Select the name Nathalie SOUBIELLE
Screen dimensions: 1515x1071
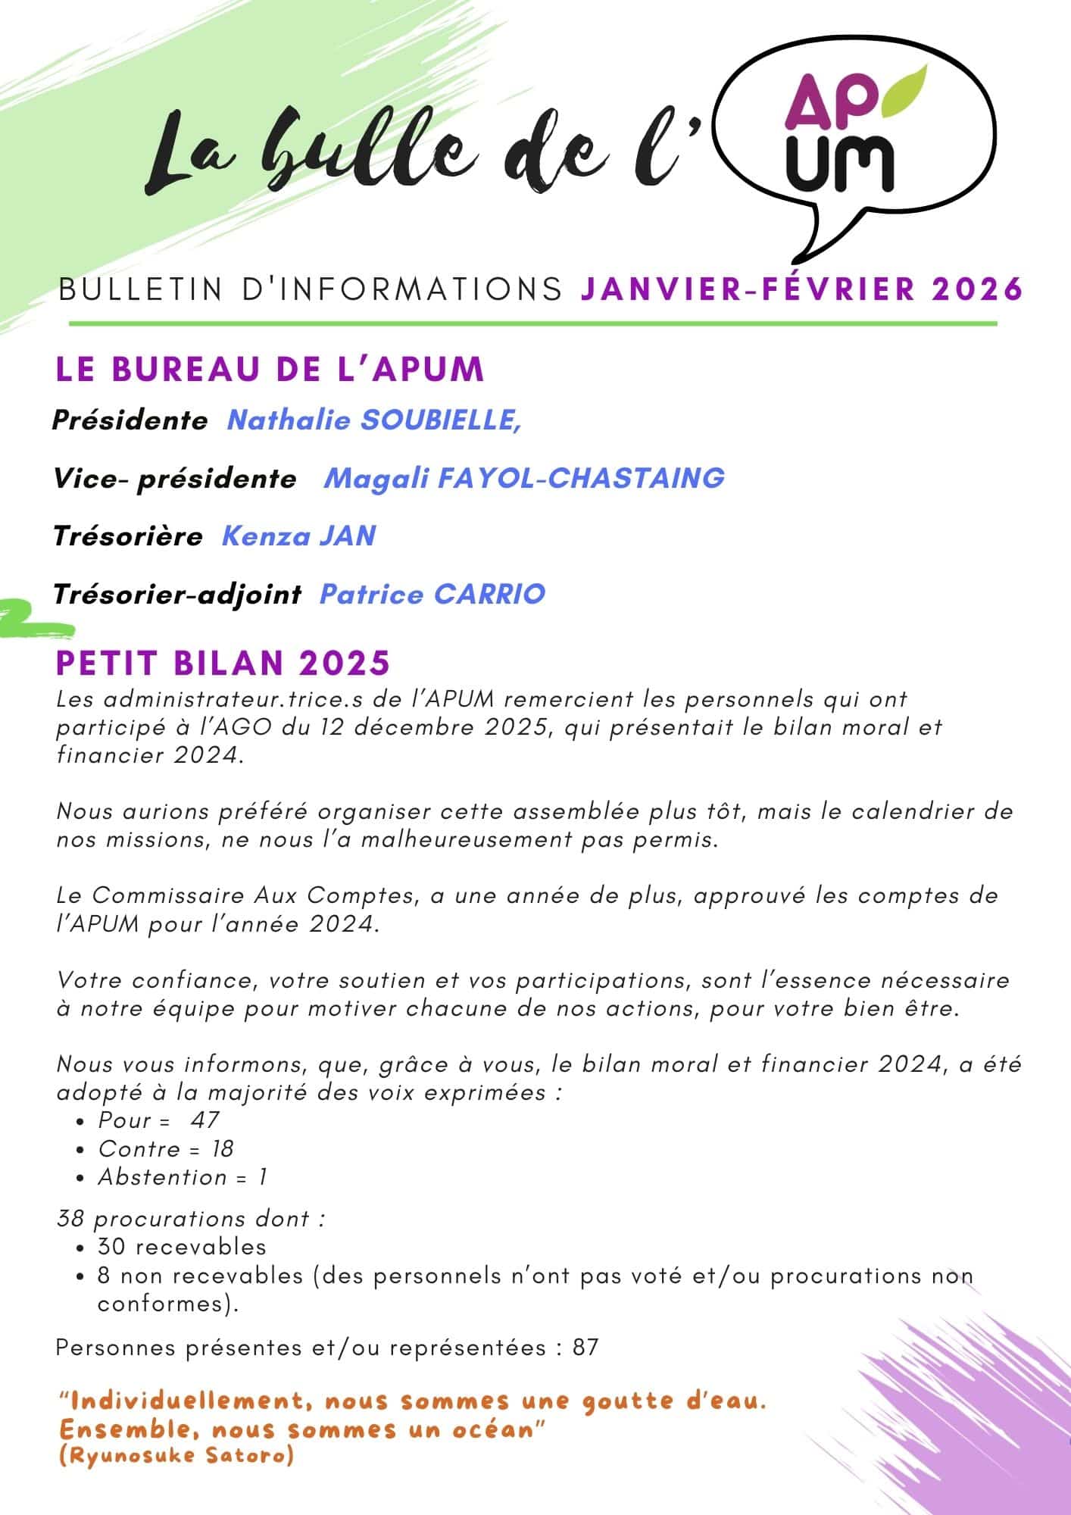(373, 420)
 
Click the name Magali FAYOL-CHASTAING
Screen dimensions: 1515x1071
(524, 478)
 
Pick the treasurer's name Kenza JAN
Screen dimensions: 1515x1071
(298, 536)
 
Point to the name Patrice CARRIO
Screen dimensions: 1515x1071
(432, 594)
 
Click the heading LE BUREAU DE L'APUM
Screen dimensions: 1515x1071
(270, 369)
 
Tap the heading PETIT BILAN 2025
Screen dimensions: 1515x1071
(223, 663)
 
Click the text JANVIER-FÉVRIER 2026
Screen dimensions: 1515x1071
(802, 289)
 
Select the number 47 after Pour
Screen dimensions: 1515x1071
(205, 1120)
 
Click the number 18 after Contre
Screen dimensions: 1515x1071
(222, 1148)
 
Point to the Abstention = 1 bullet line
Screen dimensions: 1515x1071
(182, 1177)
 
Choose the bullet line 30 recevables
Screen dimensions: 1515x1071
(182, 1247)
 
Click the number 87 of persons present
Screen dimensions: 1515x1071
(585, 1348)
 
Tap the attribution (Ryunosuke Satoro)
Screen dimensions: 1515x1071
(176, 1456)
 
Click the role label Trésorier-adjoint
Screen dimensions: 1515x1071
(177, 595)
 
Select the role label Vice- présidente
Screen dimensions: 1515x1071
(175, 479)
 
